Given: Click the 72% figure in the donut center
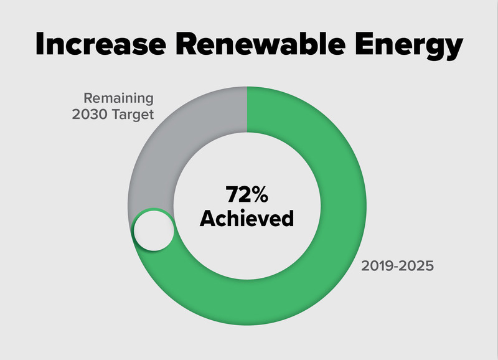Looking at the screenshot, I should click(x=247, y=195).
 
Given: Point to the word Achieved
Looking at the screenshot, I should click(x=247, y=219).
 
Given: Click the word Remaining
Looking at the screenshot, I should click(x=119, y=98).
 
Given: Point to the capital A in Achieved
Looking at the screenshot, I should click(x=209, y=219).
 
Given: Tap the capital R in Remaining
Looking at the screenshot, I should click(x=88, y=98).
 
